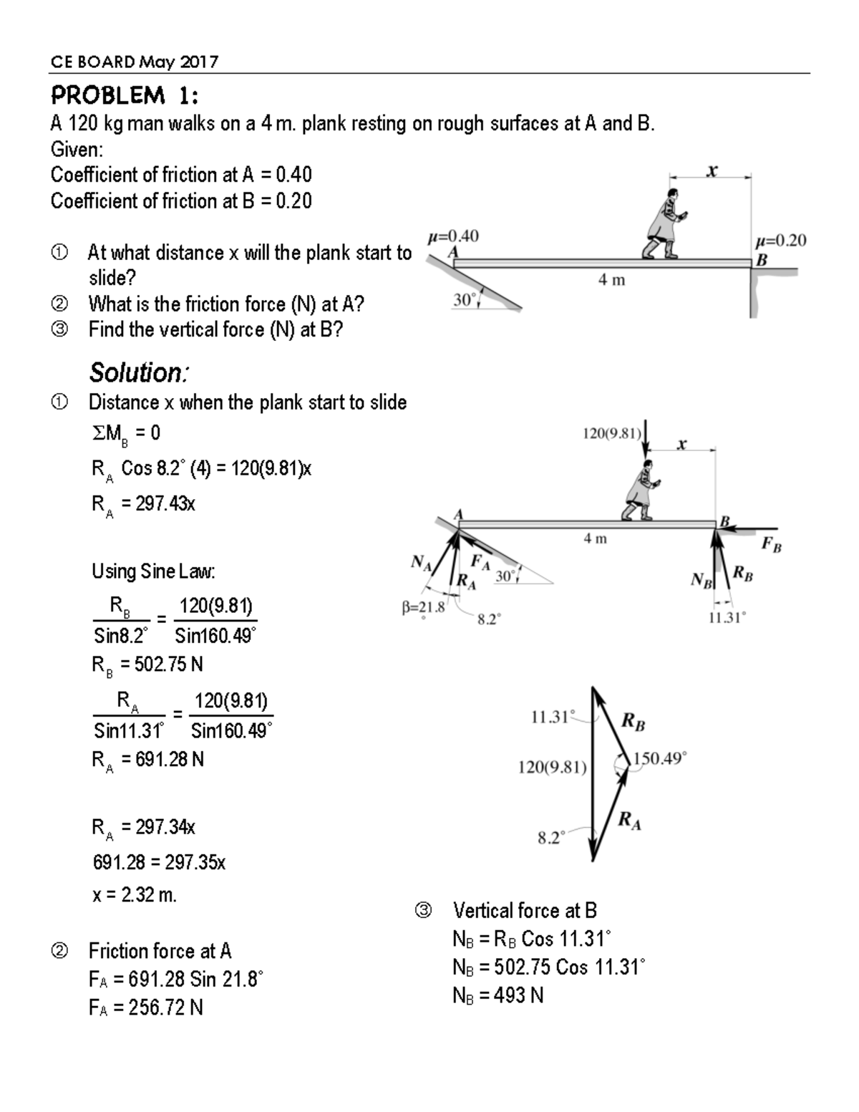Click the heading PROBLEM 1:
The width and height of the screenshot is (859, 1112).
pyautogui.click(x=125, y=95)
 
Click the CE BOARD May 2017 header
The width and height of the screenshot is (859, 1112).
pyautogui.click(x=134, y=62)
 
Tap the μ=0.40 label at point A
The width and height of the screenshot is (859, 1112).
pyautogui.click(x=453, y=236)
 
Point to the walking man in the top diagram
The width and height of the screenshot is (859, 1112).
pyautogui.click(x=667, y=223)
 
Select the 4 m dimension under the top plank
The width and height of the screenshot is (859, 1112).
pyautogui.click(x=611, y=280)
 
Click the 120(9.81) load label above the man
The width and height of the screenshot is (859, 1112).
pyautogui.click(x=611, y=433)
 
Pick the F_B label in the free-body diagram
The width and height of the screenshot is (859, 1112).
pyautogui.click(x=771, y=545)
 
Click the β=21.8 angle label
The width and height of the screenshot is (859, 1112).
pyautogui.click(x=423, y=608)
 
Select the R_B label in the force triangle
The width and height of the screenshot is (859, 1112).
pyautogui.click(x=633, y=720)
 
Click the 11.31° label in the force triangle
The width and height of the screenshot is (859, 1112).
pyautogui.click(x=552, y=717)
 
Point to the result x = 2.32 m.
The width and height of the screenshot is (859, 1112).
pyautogui.click(x=135, y=895)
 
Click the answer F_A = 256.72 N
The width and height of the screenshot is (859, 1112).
pyautogui.click(x=146, y=1007)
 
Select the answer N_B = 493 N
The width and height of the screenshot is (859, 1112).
pyautogui.click(x=498, y=995)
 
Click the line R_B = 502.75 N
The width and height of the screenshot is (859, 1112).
pyautogui.click(x=147, y=664)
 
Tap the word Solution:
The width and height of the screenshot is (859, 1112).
pyautogui.click(x=139, y=372)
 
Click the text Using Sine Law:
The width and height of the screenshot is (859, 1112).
pyautogui.click(x=153, y=571)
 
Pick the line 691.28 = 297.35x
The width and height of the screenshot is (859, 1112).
pyautogui.click(x=159, y=862)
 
